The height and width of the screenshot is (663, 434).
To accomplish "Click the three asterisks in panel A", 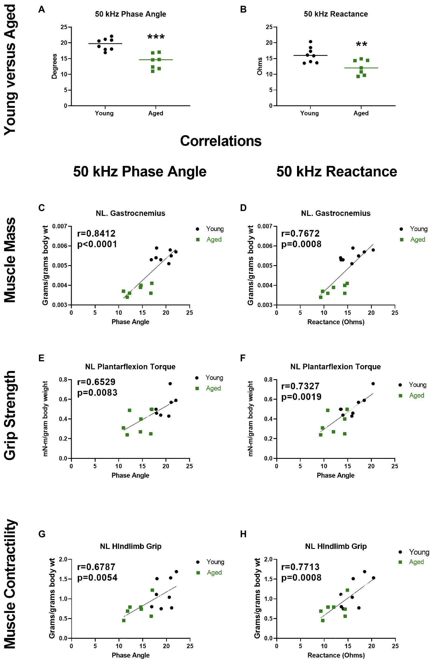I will [156, 37].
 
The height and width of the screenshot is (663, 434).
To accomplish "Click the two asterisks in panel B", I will [361, 44].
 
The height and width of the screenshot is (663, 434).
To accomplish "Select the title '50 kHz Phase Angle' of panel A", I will [130, 14].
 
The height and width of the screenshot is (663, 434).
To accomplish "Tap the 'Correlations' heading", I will [221, 141].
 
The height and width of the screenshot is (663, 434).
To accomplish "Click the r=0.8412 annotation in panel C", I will [96, 234].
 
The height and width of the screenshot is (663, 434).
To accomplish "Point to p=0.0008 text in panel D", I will [301, 244].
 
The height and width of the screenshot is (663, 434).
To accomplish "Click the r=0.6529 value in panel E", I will [96, 382].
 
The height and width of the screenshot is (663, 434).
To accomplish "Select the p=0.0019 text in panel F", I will [301, 397].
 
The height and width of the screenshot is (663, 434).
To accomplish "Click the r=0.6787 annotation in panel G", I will [96, 567].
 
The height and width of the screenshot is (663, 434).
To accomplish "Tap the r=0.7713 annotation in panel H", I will [300, 567].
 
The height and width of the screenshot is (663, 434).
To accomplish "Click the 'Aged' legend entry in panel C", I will [214, 240].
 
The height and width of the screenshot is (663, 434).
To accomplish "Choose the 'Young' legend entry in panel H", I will [419, 552].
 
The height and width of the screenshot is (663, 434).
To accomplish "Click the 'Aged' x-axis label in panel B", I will [361, 113].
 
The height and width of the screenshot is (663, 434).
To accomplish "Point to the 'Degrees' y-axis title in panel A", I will [54, 66].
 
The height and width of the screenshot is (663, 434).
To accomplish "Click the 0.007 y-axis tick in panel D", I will [265, 226].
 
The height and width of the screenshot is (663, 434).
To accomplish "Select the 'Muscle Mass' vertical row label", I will [10, 260].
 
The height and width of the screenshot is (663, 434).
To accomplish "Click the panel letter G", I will [42, 534].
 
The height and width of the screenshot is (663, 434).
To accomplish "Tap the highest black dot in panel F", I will [373, 384].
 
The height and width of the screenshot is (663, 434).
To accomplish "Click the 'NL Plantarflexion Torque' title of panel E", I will [130, 367].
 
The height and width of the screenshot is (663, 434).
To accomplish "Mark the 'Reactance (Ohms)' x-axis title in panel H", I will [336, 655].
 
